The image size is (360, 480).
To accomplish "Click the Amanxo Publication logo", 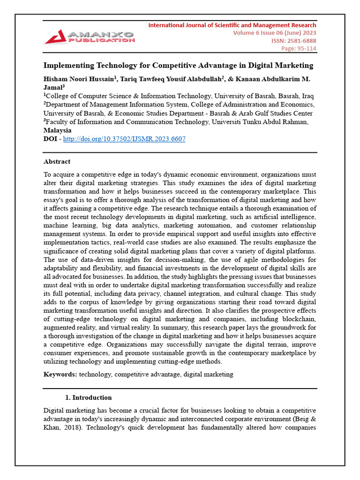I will [89, 37].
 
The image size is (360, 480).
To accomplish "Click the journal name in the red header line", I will [232, 25].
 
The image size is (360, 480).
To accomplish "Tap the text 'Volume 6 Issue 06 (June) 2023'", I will [274, 33].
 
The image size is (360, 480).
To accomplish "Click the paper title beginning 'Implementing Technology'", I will [178, 65].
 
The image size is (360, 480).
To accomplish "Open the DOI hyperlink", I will [124, 139].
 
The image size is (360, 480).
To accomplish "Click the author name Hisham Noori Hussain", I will [79, 78].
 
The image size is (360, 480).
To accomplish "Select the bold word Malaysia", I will [57, 130].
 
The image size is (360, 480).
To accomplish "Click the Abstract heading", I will [57, 162].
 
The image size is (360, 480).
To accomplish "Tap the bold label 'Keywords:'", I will [60, 374].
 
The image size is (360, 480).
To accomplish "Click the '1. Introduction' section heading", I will [88, 397].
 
